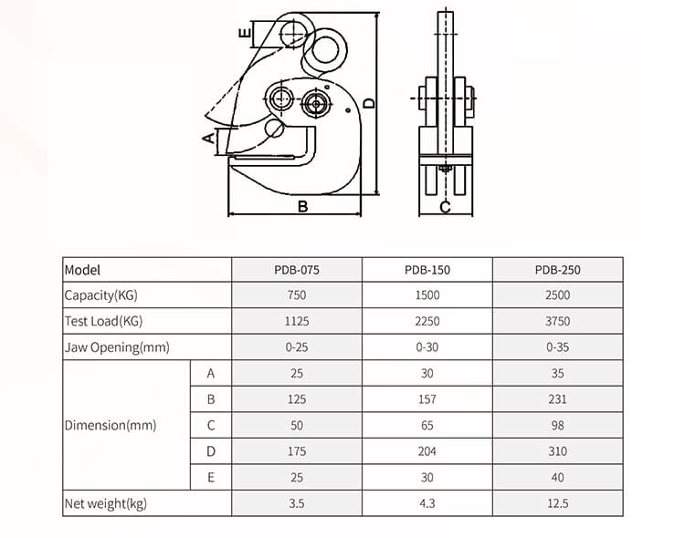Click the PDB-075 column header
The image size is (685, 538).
(297, 270)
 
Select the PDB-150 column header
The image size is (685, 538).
(427, 270)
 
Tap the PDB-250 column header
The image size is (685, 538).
(558, 270)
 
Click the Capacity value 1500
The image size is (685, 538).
(427, 295)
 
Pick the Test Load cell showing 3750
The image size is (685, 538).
(558, 321)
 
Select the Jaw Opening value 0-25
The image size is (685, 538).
(297, 347)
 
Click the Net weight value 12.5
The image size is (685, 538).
(558, 503)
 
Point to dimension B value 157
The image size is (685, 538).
(427, 399)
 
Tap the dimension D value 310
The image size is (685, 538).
(558, 451)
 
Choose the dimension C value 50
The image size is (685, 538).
(297, 425)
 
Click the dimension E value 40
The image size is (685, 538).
(558, 477)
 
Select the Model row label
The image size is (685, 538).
(82, 270)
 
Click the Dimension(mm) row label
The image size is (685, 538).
(111, 425)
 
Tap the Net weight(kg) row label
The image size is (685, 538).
(105, 503)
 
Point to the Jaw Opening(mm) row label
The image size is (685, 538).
(117, 347)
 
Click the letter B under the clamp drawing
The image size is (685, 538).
(302, 207)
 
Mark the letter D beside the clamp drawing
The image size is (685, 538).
(369, 104)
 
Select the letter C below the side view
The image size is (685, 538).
(445, 207)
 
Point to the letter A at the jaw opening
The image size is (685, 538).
(208, 139)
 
